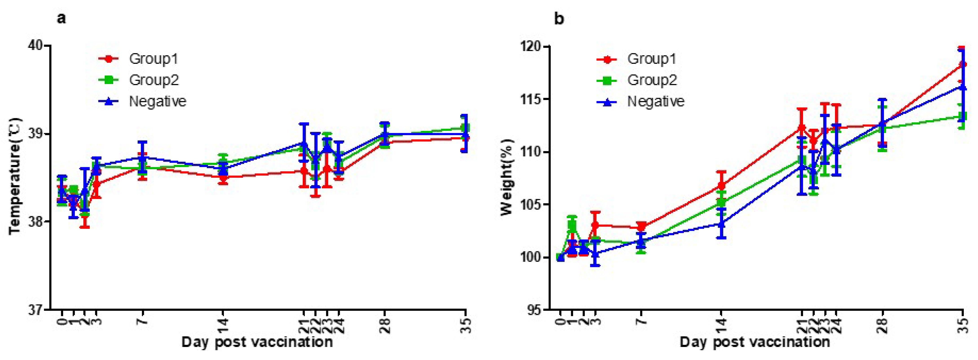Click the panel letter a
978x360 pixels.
point(61,18)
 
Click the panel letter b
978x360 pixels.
point(559,19)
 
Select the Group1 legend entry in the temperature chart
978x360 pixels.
point(153,59)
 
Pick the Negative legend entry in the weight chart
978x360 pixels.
point(656,101)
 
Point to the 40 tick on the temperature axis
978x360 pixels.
point(35,46)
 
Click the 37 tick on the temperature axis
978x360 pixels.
point(35,309)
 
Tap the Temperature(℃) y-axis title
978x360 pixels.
point(15,177)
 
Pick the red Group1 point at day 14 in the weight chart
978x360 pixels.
point(721,186)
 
